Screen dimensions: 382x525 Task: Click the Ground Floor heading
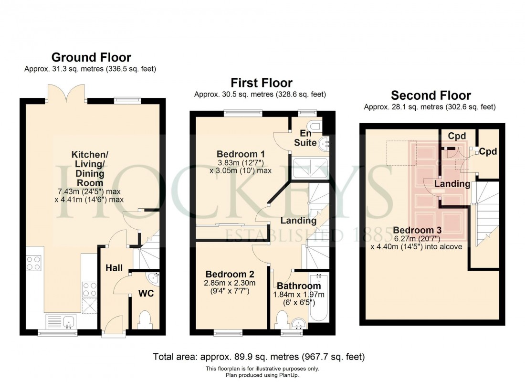(x=91, y=58)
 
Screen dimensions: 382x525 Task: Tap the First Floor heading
(x=262, y=83)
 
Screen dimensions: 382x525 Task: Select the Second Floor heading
(x=430, y=95)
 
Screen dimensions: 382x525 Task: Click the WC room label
(x=146, y=293)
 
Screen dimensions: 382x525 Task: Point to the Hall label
(x=114, y=268)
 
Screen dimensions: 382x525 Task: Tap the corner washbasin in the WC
(x=154, y=278)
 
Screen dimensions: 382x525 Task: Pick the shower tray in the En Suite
(x=310, y=167)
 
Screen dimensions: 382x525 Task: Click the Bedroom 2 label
(x=230, y=275)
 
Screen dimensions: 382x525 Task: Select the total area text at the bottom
(x=259, y=357)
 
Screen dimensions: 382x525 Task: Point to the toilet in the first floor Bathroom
(x=282, y=319)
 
